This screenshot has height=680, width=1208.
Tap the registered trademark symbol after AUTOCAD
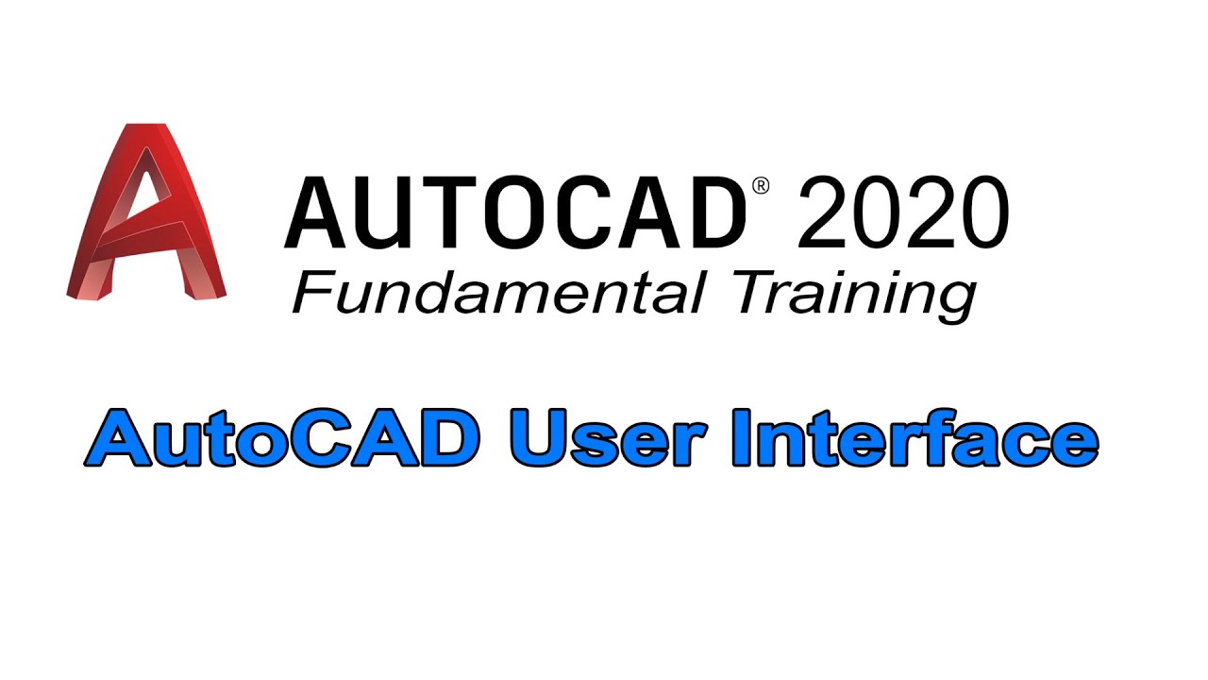(762, 186)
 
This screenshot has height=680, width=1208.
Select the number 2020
(902, 213)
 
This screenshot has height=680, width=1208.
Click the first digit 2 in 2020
(824, 213)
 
